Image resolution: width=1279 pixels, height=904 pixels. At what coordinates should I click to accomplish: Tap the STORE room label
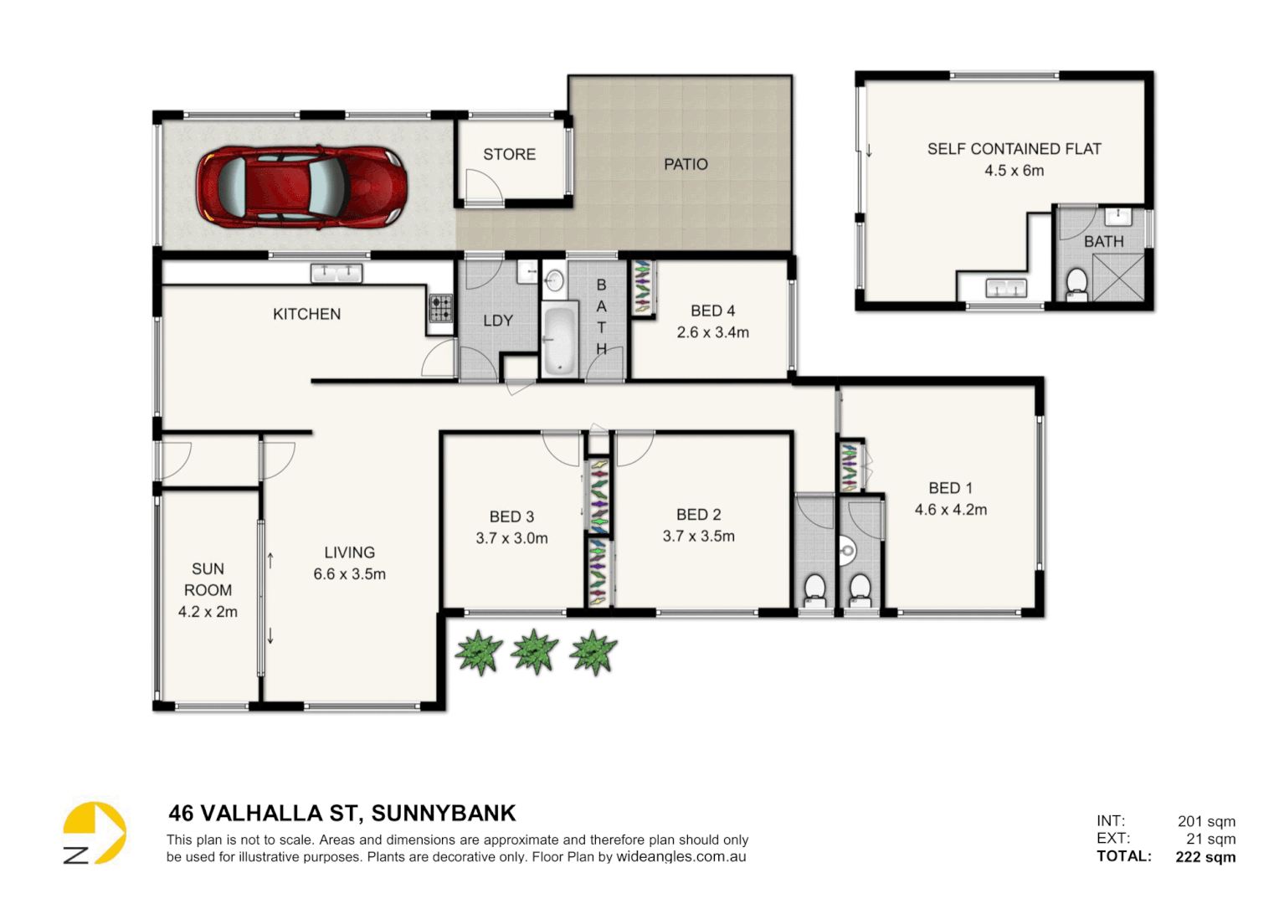[x=509, y=155]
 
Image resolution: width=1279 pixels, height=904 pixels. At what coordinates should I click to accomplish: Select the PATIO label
[x=686, y=165]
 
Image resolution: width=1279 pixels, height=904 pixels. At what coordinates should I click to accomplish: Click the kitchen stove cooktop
[x=441, y=308]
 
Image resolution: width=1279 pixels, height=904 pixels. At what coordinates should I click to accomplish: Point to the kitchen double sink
[x=336, y=273]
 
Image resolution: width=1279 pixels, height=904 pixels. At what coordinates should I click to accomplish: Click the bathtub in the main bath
[x=558, y=341]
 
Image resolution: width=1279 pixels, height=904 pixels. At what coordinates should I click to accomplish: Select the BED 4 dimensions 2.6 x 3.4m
[x=712, y=332]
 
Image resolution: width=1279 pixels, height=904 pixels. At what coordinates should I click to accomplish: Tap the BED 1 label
[x=950, y=488]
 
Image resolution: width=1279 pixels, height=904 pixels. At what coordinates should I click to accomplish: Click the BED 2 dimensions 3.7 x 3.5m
[x=698, y=537]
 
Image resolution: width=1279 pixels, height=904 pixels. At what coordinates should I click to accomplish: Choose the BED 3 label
[x=511, y=517]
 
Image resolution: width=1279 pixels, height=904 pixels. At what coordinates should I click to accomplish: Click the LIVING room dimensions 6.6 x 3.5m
[x=349, y=574]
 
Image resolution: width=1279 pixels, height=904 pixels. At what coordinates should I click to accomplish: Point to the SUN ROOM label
[x=208, y=579]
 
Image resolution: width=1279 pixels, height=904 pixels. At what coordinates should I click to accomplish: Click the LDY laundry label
[x=498, y=321]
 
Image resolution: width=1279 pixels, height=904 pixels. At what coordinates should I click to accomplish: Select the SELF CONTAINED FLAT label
[x=1014, y=149]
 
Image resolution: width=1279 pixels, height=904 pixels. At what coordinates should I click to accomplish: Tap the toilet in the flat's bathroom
[x=1076, y=283]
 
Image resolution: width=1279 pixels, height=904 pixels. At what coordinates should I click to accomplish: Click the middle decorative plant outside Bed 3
[x=535, y=652]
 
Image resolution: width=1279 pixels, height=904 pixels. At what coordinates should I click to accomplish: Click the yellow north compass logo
[x=95, y=833]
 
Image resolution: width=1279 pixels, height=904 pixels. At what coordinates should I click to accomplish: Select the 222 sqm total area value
[x=1205, y=856]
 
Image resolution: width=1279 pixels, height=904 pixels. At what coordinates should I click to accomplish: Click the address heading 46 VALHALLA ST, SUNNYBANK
[x=342, y=814]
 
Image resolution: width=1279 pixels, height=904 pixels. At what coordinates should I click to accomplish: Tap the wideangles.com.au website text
[x=681, y=857]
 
